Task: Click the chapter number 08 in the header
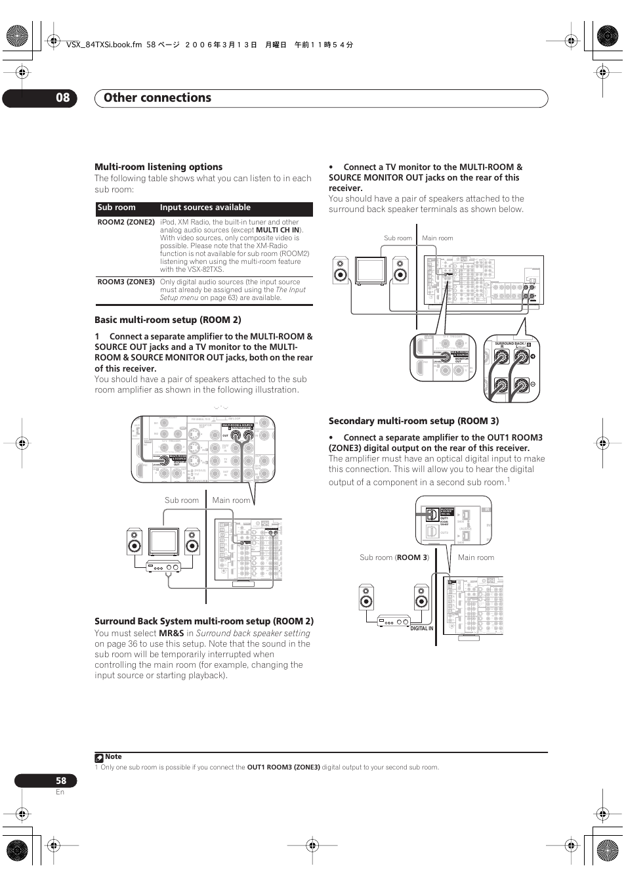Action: coord(62,98)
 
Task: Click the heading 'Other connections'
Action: coord(157,98)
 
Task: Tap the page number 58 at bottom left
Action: coord(60,781)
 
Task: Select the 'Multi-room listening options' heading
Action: coord(158,167)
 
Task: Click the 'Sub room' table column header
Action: coord(116,207)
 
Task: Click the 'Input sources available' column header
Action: coord(205,207)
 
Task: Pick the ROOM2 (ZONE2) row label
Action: coord(126,223)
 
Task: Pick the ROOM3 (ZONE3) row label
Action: coord(126,282)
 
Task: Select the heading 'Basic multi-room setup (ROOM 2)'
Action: coord(167,320)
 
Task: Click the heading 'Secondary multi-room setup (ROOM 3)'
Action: coord(413,421)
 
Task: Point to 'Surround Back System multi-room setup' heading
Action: coord(204,621)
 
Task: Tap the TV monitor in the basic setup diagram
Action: coord(163,542)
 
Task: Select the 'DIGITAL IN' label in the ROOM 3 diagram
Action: coord(422,628)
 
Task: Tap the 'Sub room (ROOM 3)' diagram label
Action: coord(394,557)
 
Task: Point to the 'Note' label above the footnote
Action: coord(113,757)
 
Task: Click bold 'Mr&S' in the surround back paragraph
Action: coord(171,634)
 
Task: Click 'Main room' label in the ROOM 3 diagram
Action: coord(476,557)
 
